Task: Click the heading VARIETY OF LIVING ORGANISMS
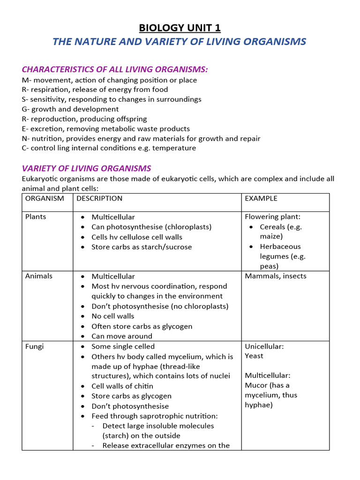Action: [86, 168]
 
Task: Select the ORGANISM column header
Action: [45, 198]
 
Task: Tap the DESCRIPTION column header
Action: [99, 198]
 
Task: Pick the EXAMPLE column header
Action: [261, 198]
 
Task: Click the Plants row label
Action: [36, 217]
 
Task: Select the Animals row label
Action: [38, 276]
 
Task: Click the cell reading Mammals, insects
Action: [276, 276]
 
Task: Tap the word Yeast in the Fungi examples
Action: [254, 356]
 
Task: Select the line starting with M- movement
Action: [109, 80]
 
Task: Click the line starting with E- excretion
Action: [105, 129]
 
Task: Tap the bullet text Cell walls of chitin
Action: [122, 386]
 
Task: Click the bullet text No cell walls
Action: [113, 316]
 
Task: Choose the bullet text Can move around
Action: [122, 336]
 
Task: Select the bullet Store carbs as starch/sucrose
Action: [142, 247]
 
